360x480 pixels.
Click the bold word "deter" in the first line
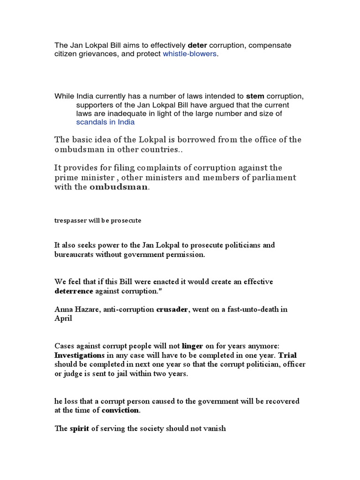click(197, 45)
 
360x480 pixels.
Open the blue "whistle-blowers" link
click(190, 54)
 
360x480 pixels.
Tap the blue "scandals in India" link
click(105, 122)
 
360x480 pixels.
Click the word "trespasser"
click(69, 220)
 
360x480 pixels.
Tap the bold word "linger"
click(192, 346)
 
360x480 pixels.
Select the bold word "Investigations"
click(79, 355)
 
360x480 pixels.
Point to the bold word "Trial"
click(288, 355)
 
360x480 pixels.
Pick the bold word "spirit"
click(79, 428)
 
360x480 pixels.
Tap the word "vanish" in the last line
click(216, 428)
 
